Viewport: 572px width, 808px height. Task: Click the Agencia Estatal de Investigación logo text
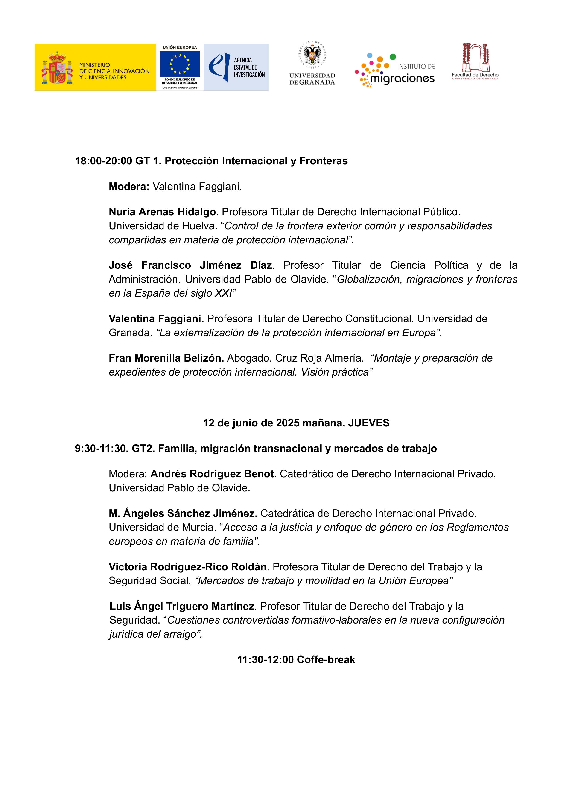click(x=249, y=67)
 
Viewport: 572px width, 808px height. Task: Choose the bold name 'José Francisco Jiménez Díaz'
click(x=190, y=265)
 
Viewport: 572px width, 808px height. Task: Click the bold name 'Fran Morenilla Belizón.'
click(x=166, y=358)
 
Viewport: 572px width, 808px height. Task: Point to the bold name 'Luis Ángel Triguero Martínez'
click(x=182, y=606)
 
